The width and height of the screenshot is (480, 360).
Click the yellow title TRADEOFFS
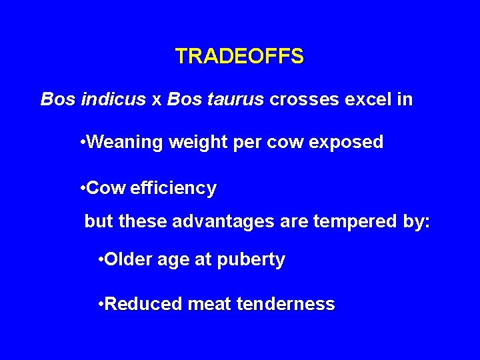pyautogui.click(x=239, y=57)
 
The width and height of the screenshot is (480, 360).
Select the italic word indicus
pyautogui.click(x=113, y=100)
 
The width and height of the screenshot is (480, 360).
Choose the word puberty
pyautogui.click(x=252, y=260)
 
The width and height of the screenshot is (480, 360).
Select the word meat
pyautogui.click(x=209, y=305)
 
